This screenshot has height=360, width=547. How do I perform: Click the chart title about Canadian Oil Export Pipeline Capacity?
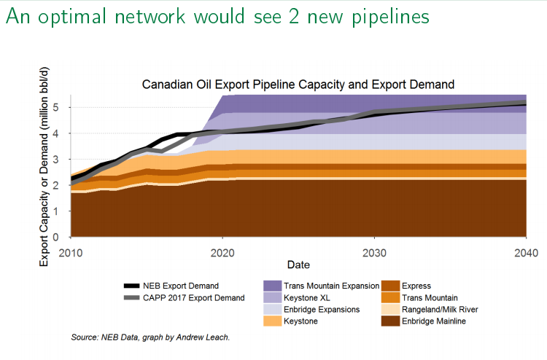pyautogui.click(x=298, y=85)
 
